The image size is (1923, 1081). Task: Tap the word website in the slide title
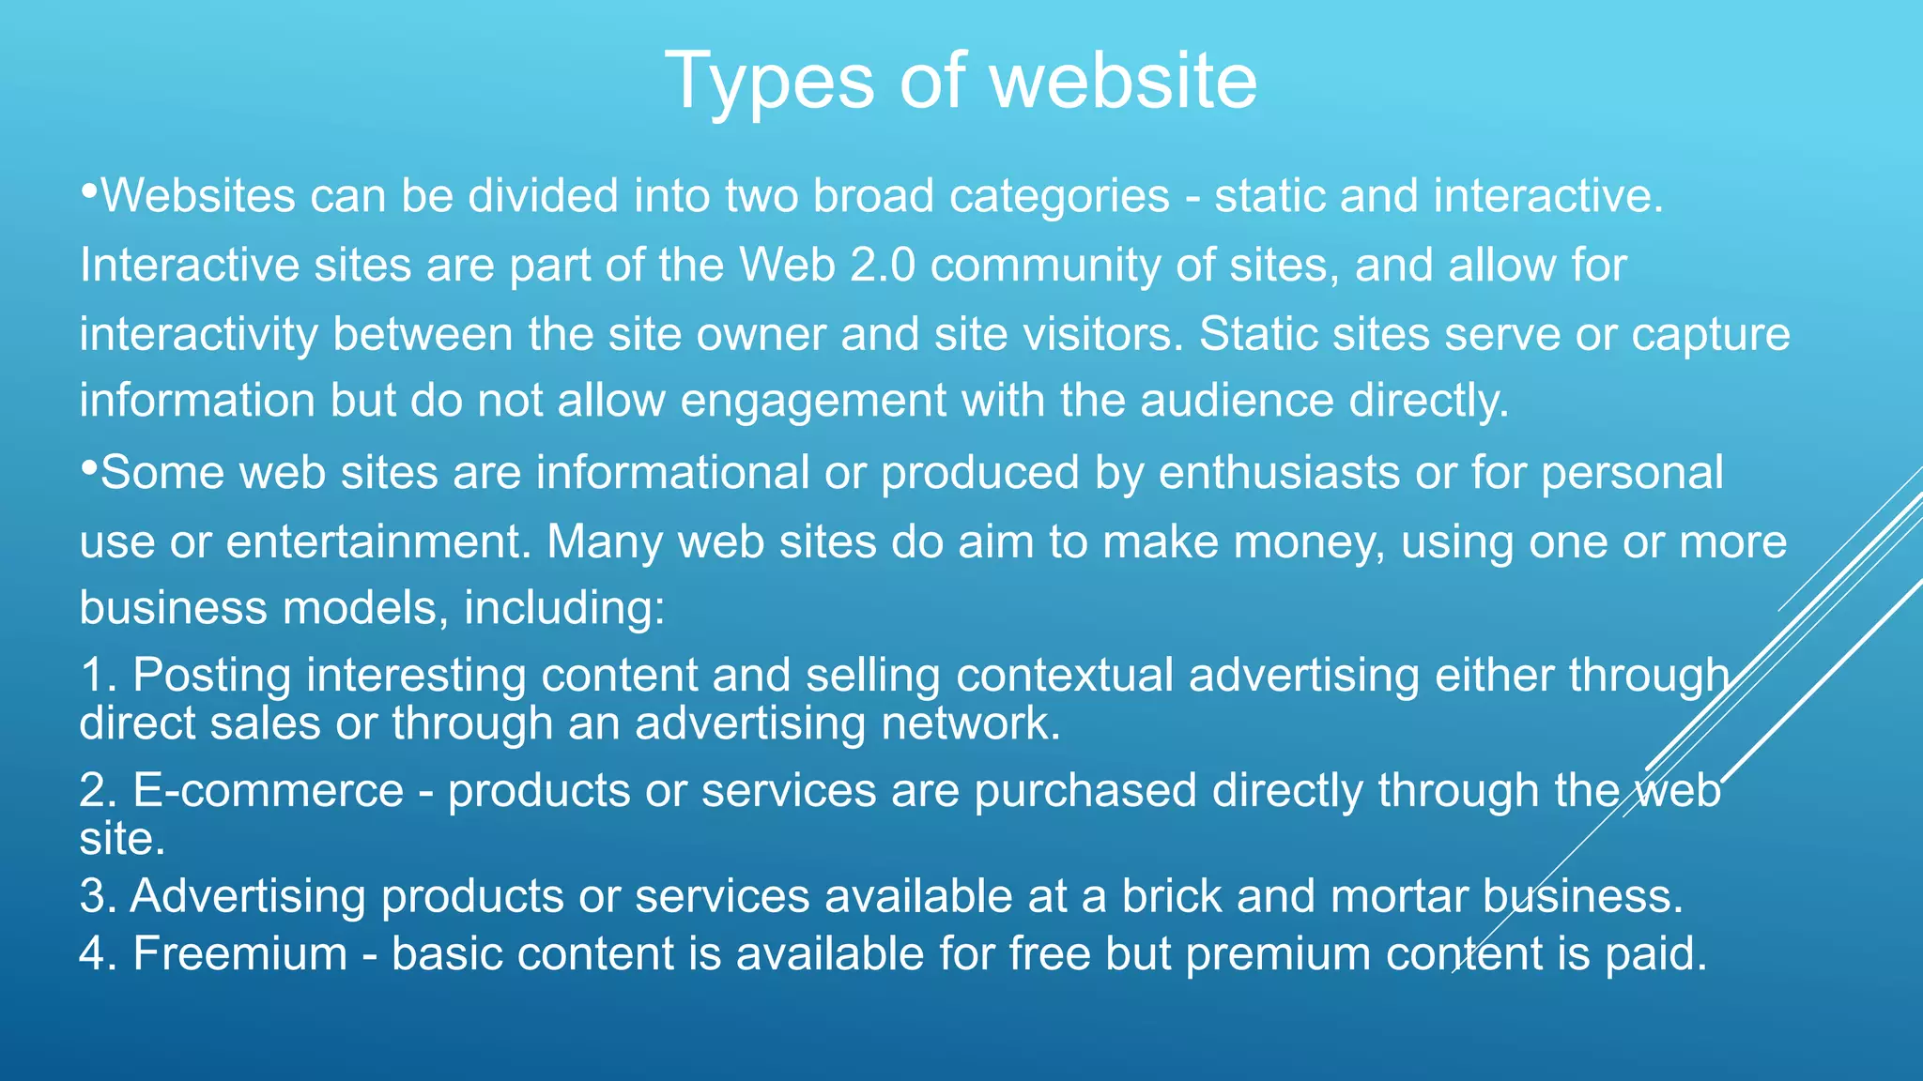1123,81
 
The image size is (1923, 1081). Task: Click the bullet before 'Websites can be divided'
89,190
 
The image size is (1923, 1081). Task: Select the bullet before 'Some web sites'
89,466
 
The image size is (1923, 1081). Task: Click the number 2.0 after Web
883,266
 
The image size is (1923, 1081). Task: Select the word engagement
813,403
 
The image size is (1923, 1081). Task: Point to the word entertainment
378,542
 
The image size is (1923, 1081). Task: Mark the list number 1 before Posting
97,676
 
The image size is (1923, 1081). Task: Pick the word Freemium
240,954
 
